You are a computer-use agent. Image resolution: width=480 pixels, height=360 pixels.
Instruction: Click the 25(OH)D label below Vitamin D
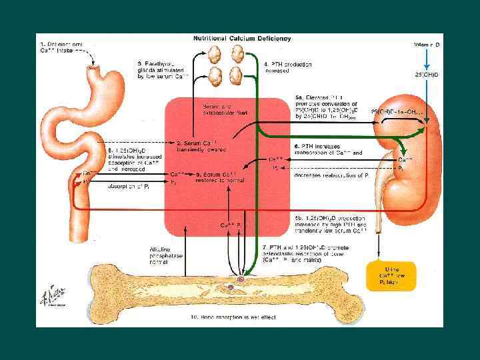427,75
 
